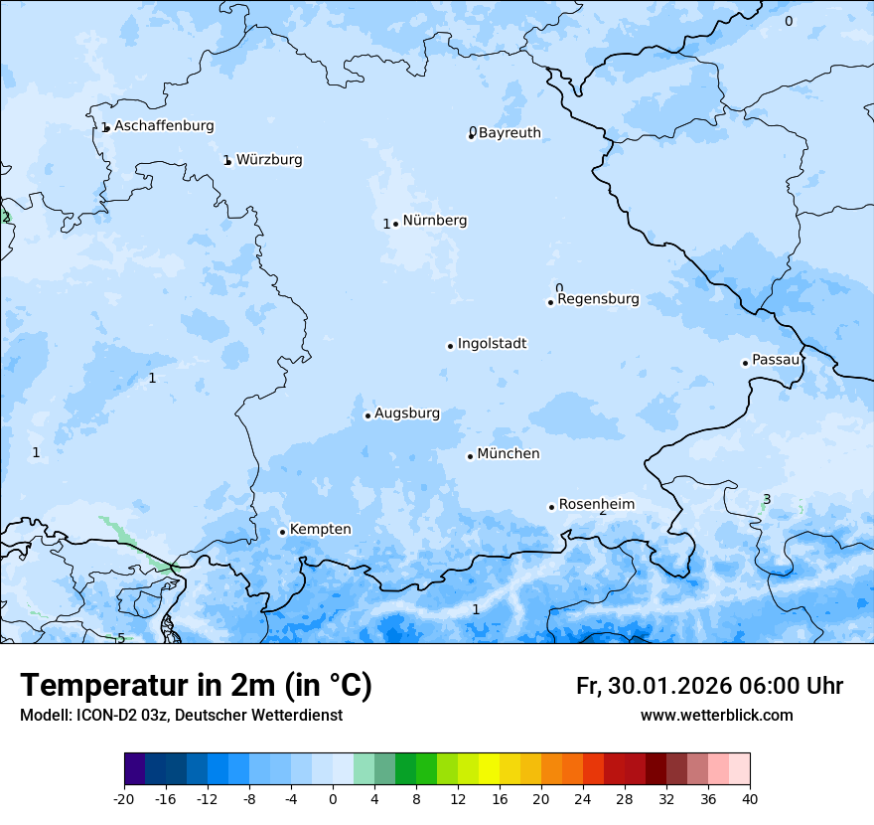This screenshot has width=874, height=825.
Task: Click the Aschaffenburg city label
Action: click(164, 126)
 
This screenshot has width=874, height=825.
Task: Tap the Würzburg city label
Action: click(269, 160)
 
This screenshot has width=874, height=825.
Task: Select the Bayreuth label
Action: click(510, 133)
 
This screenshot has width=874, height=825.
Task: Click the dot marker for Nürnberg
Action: click(395, 224)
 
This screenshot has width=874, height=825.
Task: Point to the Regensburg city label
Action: click(598, 299)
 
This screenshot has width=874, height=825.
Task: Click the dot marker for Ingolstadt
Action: click(450, 346)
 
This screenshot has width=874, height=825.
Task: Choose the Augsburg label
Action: click(406, 413)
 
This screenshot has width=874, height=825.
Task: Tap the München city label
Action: click(509, 454)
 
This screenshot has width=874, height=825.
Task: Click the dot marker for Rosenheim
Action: click(551, 507)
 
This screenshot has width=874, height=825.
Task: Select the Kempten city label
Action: click(320, 530)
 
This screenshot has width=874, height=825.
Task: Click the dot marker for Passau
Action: click(745, 363)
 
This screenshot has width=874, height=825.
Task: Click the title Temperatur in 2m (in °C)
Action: click(197, 686)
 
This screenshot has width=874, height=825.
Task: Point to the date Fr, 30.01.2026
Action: click(653, 686)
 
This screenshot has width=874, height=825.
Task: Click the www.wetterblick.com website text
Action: click(716, 716)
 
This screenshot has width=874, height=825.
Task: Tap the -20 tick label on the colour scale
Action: click(124, 798)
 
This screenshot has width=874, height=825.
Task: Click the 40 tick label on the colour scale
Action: click(750, 798)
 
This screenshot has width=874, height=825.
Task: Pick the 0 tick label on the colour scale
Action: click(333, 798)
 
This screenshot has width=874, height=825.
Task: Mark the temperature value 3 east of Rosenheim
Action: click(767, 499)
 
